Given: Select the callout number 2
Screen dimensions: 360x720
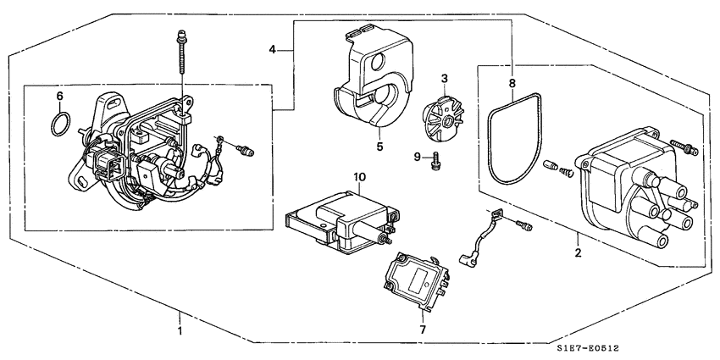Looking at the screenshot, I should click(576, 252).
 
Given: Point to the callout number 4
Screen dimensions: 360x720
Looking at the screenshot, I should click(273, 50).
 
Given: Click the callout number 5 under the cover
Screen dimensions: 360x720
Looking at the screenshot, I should click(379, 147).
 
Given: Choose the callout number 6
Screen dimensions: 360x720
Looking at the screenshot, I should click(58, 96).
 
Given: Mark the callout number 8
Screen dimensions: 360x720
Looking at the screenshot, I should click(512, 82).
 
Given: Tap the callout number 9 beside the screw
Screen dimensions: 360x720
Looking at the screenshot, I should click(418, 156).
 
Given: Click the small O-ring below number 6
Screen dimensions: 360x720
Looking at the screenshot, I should click(58, 125).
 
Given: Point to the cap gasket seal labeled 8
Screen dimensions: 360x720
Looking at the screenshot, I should click(512, 144).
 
